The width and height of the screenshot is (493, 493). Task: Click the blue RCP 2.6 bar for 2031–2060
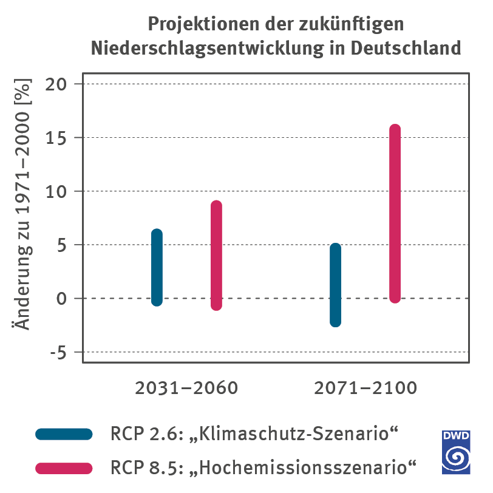pos(157,268)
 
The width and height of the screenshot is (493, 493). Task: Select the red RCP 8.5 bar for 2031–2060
pos(216,256)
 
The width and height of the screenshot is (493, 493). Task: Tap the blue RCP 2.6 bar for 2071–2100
pos(335,285)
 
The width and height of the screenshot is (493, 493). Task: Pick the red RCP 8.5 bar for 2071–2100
pos(395,214)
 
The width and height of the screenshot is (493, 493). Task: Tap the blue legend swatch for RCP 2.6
pos(64,434)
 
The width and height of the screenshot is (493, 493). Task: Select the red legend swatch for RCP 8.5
pos(64,468)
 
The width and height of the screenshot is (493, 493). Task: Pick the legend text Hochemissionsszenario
pos(308,468)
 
